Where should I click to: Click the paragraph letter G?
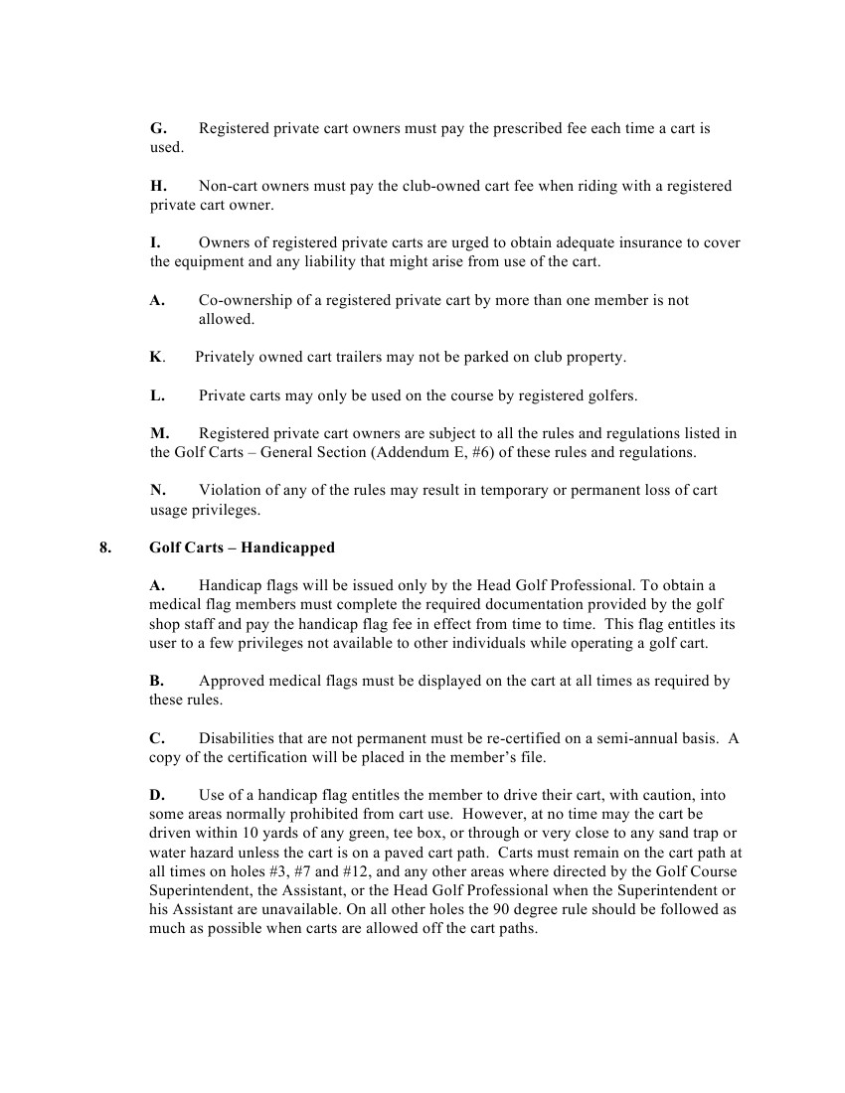(157, 129)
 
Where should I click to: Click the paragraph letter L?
(157, 395)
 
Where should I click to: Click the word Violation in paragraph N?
(230, 490)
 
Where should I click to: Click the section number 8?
(105, 547)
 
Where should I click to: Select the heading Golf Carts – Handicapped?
(242, 547)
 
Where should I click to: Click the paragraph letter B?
(156, 682)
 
